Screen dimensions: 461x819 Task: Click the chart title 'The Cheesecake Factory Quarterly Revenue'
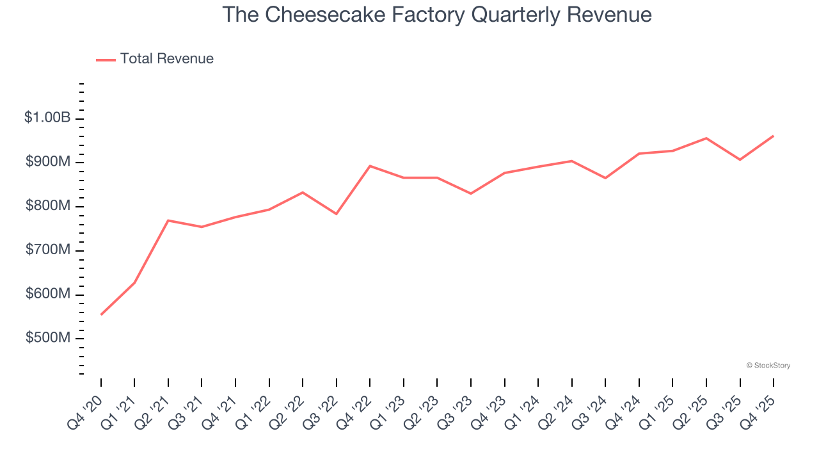tap(437, 15)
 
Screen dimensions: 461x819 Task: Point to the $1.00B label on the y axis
tap(47, 118)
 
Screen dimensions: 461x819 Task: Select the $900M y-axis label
tap(47, 162)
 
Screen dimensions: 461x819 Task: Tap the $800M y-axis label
tap(47, 206)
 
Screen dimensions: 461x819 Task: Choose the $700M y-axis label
tap(47, 250)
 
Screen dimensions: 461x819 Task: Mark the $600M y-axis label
tap(47, 294)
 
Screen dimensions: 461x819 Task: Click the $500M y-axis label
tap(47, 338)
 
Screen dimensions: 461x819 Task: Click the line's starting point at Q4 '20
tap(101, 314)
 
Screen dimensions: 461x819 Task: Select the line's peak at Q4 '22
tap(370, 166)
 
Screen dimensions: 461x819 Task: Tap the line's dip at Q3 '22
tap(337, 214)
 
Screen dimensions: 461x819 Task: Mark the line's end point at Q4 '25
tap(774, 136)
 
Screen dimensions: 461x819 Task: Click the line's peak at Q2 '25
tap(706, 138)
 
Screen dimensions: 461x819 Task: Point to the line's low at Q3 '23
tap(471, 193)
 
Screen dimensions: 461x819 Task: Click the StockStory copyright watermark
tap(768, 366)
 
